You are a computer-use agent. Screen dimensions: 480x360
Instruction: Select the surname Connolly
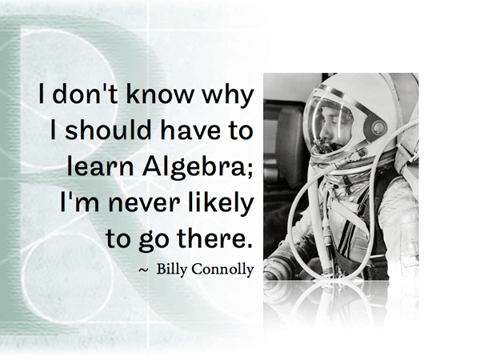(x=224, y=270)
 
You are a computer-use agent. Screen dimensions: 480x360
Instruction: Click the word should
(x=108, y=130)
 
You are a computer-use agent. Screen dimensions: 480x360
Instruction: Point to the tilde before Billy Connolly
(x=143, y=270)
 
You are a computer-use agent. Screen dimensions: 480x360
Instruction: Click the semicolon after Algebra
(x=250, y=170)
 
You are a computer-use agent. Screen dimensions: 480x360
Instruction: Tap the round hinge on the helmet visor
(x=378, y=126)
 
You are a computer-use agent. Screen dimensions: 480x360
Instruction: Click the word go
(x=154, y=241)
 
